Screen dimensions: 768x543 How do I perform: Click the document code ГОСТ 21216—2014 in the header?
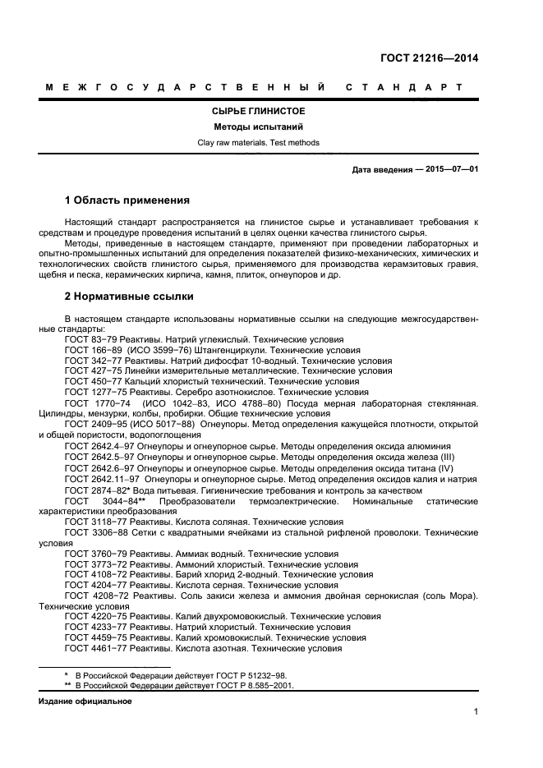430,57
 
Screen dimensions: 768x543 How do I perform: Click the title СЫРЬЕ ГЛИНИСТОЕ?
259,112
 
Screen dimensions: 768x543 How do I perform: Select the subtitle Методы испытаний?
259,127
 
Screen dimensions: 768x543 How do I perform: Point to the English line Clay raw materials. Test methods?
259,143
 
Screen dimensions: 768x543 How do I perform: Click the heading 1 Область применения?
127,200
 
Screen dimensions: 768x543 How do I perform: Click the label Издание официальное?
85,701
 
